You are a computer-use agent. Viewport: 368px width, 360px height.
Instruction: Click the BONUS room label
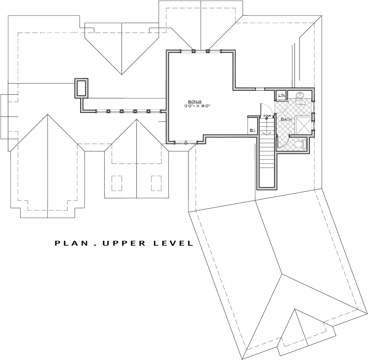[x=196, y=102]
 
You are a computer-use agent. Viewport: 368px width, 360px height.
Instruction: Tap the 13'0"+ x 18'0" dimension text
[x=196, y=106]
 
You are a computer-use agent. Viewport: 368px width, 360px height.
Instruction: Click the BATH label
[x=286, y=119]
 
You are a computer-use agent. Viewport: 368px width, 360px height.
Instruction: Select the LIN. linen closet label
[x=282, y=95]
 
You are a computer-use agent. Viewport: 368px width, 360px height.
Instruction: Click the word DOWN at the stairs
[x=267, y=116]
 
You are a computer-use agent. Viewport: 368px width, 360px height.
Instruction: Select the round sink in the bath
[x=300, y=95]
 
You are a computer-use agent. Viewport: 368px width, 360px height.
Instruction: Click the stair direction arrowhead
[x=266, y=133]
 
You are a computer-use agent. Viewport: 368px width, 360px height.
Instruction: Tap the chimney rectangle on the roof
[x=81, y=88]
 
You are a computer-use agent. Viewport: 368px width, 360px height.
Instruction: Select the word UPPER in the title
[x=124, y=243]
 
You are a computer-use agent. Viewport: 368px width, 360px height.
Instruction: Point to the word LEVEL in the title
[x=173, y=243]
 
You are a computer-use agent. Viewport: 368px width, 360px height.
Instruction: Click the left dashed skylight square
[x=117, y=183]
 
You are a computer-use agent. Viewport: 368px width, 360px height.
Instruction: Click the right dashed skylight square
[x=156, y=183]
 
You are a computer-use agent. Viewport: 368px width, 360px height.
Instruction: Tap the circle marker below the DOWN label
[x=266, y=118]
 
